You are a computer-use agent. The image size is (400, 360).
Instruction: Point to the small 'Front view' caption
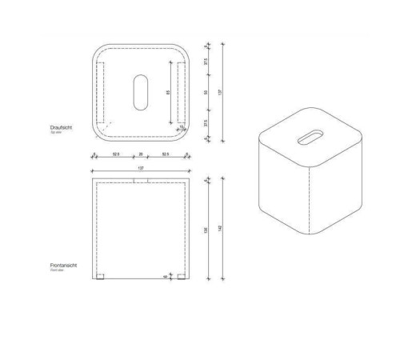pos(56,271)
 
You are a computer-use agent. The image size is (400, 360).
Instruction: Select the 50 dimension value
pos(206,94)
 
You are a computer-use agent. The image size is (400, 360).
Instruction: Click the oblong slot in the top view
pos(141,92)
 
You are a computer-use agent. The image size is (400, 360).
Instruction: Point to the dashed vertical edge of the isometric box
pos(307,203)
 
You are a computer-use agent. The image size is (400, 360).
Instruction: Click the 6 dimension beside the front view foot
pos(166,277)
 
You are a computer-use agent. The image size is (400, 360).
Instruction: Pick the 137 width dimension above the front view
pos(141,168)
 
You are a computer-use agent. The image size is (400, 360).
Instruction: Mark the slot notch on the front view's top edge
pos(141,181)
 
